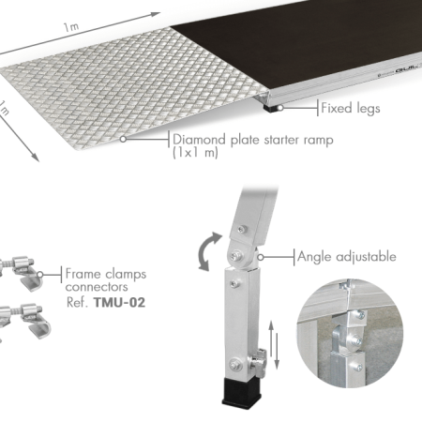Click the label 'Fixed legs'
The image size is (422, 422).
pos(351,108)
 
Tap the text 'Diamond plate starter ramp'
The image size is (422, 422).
pos(253,140)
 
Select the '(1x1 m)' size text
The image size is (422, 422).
pos(195,153)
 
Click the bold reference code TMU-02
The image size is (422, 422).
pos(119,303)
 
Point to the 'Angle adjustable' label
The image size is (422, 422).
pos(347,257)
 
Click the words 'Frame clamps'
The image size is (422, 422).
pos(106,274)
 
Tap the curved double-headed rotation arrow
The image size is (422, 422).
pos(208,251)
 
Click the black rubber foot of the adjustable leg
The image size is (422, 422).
pos(241,392)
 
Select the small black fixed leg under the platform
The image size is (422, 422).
pos(270,108)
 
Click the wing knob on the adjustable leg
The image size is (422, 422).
pos(260,363)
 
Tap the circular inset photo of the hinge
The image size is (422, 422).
pos(350,333)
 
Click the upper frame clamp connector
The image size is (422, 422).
pos(19,272)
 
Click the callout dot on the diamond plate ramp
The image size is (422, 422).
pos(124,139)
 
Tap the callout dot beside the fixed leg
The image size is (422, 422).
pos(280,108)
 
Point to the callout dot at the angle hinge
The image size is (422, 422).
pos(261,257)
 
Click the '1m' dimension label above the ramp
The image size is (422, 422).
pos(71,27)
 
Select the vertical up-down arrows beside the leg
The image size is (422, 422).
pos(274,345)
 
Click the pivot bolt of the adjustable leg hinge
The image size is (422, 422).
pos(236,256)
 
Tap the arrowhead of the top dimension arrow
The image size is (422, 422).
pos(155,15)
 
